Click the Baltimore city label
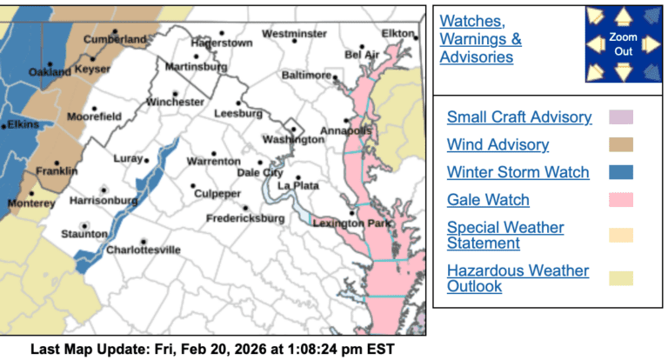(x=306, y=76)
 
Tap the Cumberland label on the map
(x=116, y=40)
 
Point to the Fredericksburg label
(x=244, y=218)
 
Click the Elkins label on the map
(x=23, y=124)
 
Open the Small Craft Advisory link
(x=519, y=117)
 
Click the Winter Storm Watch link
(x=518, y=172)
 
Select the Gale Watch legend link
(x=488, y=200)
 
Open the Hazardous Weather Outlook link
(x=518, y=279)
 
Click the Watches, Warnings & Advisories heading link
(x=481, y=39)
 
